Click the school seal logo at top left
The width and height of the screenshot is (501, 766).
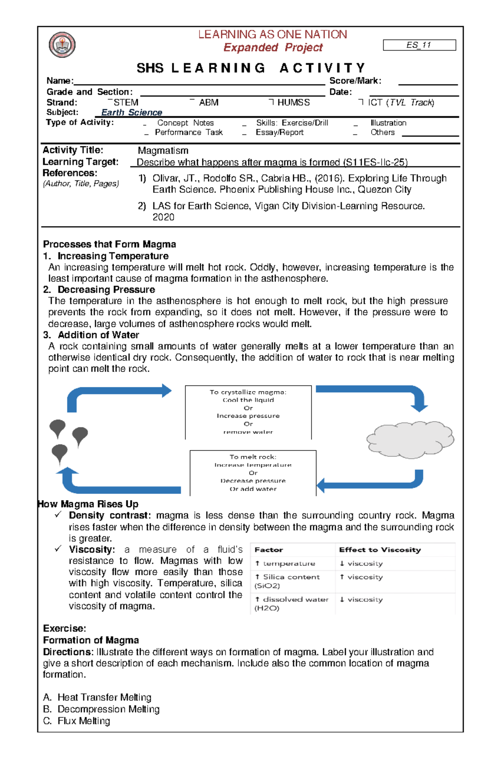62,45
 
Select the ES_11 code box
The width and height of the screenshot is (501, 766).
419,45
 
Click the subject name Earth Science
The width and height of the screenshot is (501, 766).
132,113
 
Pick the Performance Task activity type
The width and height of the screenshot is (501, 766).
188,132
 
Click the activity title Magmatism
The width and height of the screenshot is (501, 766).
163,151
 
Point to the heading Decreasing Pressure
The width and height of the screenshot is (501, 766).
106,290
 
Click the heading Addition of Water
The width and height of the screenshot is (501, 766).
98,335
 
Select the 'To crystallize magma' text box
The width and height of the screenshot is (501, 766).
248,412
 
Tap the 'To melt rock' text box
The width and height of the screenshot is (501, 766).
253,473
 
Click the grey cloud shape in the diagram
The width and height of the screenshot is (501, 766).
410,440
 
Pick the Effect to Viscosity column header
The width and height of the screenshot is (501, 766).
380,550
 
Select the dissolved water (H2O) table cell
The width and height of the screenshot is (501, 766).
291,604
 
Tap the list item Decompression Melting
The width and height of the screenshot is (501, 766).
108,709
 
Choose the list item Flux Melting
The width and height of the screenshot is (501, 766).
83,721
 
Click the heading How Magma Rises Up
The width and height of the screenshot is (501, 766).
88,504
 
